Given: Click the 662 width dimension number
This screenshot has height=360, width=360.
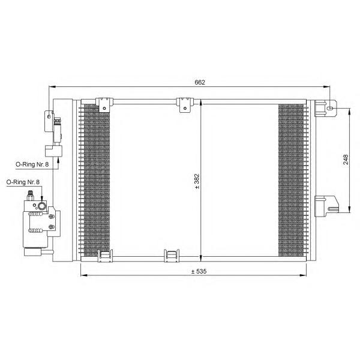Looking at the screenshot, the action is pyautogui.click(x=200, y=82).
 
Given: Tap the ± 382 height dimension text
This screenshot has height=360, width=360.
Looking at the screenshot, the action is pyautogui.click(x=197, y=181).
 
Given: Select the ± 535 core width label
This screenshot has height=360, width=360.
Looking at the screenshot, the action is pyautogui.click(x=199, y=271).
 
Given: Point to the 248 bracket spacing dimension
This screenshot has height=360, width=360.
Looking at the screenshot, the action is pyautogui.click(x=346, y=160).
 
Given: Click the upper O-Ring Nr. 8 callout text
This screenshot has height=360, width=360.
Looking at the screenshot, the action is pyautogui.click(x=32, y=164).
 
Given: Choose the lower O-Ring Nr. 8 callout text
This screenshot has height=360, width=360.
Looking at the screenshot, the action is pyautogui.click(x=23, y=182).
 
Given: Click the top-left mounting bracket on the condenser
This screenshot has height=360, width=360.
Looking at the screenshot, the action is pyautogui.click(x=104, y=104).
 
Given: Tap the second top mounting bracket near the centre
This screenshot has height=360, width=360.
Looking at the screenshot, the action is pyautogui.click(x=185, y=105).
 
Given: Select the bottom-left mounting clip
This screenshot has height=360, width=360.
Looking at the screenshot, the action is pyautogui.click(x=106, y=256).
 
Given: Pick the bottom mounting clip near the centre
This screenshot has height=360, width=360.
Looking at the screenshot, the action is pyautogui.click(x=172, y=256).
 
